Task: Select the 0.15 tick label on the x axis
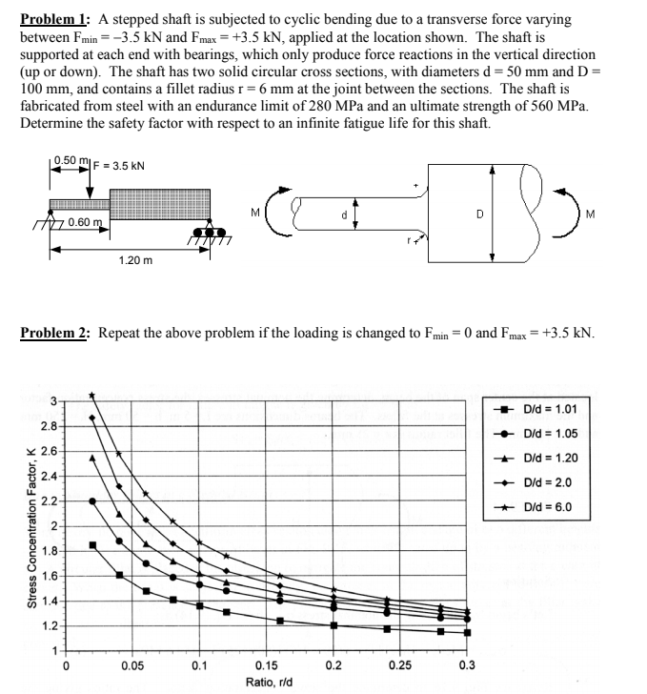[x=267, y=665]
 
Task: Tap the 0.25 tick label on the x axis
[x=400, y=665]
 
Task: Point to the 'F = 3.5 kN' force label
[x=117, y=165]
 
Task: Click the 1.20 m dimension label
[x=134, y=258]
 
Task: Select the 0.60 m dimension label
[x=86, y=222]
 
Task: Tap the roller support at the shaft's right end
[x=203, y=232]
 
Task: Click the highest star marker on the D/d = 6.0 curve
[x=92, y=395]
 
